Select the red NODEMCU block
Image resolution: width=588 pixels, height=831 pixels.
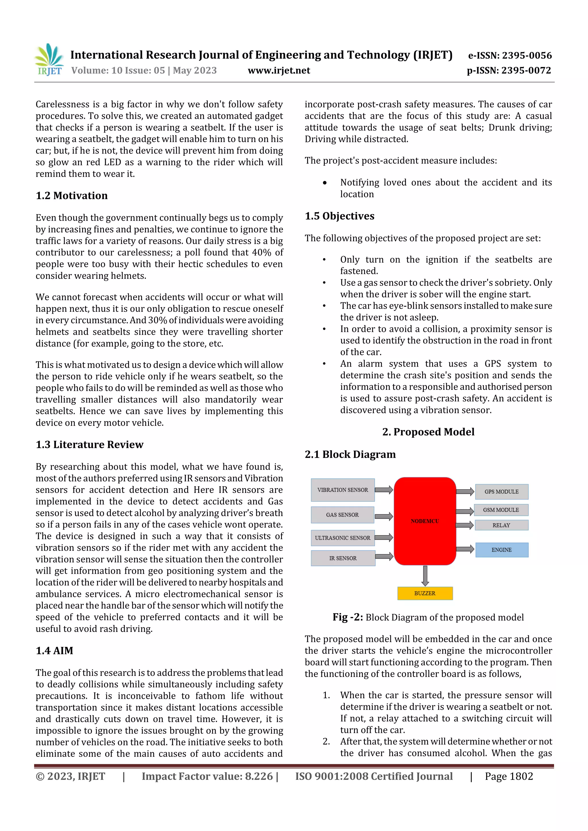tap(425, 521)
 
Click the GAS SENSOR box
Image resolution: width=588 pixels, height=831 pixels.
tap(342, 514)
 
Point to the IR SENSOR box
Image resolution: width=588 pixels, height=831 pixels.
tap(343, 558)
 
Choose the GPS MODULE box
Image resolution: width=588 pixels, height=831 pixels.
tap(501, 491)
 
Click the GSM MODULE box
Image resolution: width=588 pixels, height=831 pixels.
tap(501, 510)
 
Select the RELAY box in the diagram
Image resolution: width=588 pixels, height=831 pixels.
tap(501, 525)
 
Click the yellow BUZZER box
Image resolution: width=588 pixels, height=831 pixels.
tap(425, 593)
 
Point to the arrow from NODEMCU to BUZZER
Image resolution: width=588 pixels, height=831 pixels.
tap(425, 575)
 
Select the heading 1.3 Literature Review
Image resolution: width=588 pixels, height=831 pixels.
tap(90, 444)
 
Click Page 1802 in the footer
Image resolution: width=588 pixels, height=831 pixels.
tap(509, 776)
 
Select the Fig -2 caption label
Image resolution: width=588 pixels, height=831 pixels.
tap(347, 617)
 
